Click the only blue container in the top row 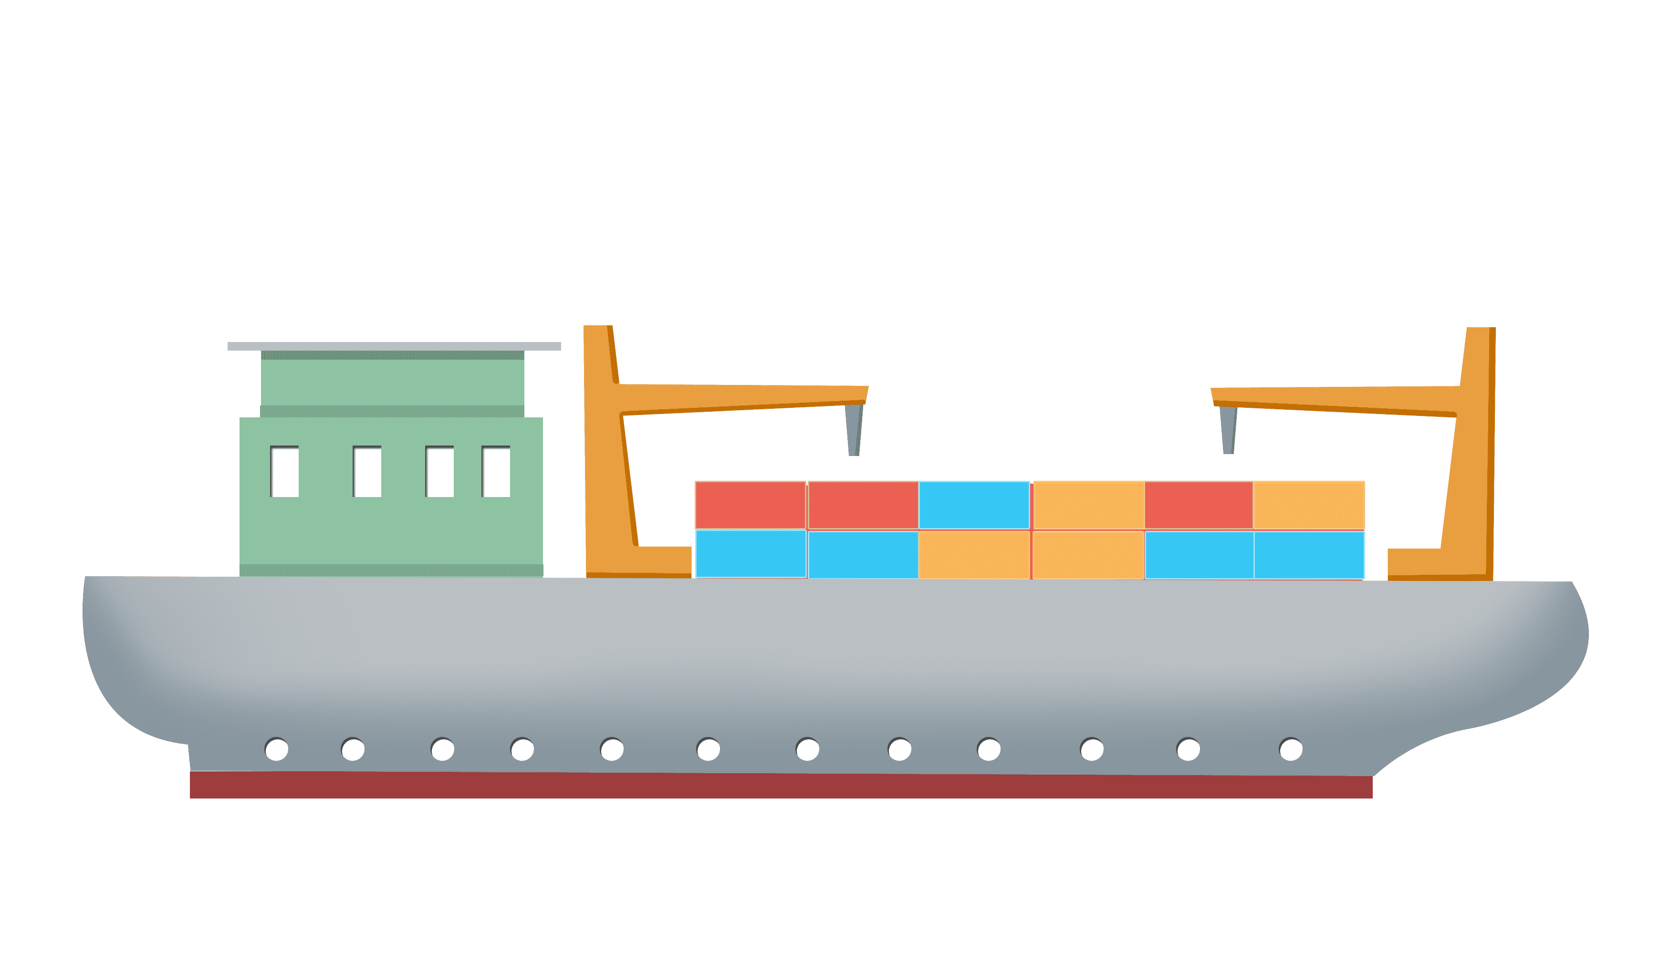[x=974, y=505]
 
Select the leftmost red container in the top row [x=751, y=505]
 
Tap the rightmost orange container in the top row [x=1309, y=505]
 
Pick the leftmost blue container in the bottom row [x=751, y=554]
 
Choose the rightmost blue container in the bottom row [x=1309, y=555]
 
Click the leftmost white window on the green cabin [x=284, y=472]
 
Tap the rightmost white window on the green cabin [x=496, y=472]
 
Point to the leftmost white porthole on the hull [x=277, y=749]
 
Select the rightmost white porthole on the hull [x=1291, y=749]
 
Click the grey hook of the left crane [x=853, y=429]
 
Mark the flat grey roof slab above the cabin [x=394, y=346]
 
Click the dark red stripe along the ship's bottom [x=780, y=786]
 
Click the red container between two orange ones [x=1199, y=505]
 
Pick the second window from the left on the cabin [x=367, y=472]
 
